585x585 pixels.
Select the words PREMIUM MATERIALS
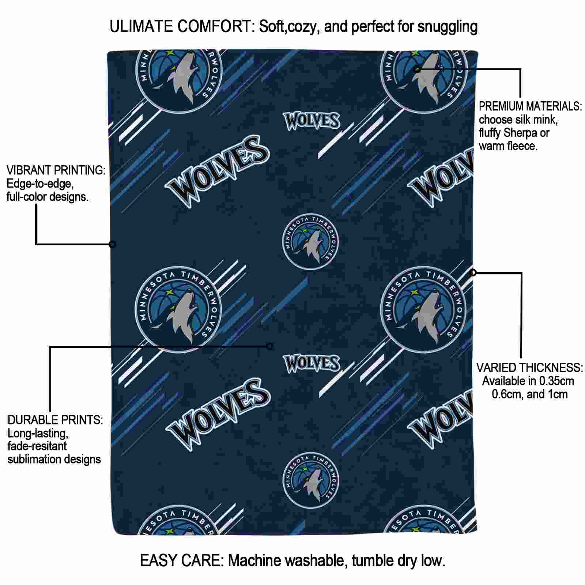[531, 106]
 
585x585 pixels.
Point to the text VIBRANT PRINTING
[56, 170]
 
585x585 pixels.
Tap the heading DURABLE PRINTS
[55, 420]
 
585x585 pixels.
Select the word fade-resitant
[37, 446]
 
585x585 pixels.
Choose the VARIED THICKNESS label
[529, 367]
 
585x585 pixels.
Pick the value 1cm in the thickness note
[557, 394]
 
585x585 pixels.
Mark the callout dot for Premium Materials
[418, 69]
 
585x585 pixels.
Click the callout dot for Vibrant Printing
[113, 244]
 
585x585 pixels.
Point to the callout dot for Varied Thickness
[473, 272]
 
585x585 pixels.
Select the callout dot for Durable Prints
[270, 346]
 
